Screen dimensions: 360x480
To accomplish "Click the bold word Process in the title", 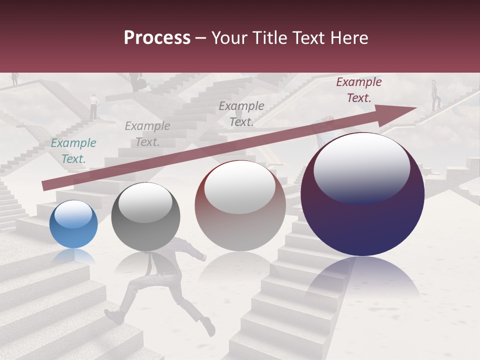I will [157, 38].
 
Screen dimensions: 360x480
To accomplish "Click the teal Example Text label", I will [73, 151].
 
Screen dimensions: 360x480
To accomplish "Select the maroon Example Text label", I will [358, 90].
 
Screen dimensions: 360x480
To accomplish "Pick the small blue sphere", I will [73, 224].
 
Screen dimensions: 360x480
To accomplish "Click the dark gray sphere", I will [145, 216].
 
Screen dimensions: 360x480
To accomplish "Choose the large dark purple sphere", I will [362, 195].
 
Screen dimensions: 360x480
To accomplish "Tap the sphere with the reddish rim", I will [240, 206].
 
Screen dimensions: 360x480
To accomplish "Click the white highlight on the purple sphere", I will [361, 167].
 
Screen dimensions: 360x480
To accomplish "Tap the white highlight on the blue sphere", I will [73, 214].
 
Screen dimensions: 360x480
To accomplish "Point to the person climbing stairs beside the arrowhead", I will [435, 95].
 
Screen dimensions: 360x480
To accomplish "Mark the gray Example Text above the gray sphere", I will [147, 134].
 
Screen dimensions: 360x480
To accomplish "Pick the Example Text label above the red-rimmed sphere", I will [241, 113].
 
